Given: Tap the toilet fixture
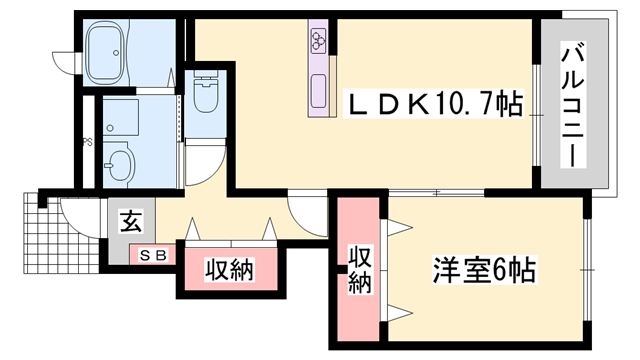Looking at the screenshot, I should tap(207, 97).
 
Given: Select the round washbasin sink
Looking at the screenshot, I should tap(121, 161).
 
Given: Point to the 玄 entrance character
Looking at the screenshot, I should tap(131, 222).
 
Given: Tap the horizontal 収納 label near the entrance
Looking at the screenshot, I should tap(229, 269).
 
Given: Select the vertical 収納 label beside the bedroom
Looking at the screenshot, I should tap(359, 269).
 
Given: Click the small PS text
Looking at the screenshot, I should tap(88, 141).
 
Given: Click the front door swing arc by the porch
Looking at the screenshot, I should tap(76, 215).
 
